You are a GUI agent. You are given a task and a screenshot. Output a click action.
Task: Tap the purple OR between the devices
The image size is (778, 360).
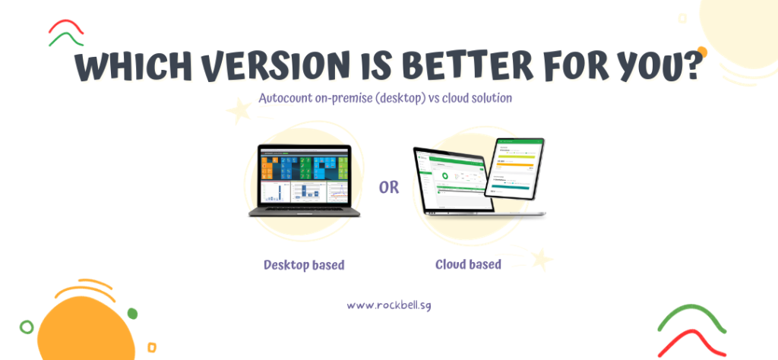point(388,187)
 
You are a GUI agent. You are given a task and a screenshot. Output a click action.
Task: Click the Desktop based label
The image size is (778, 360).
point(304,265)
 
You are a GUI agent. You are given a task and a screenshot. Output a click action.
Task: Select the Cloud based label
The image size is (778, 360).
point(468,264)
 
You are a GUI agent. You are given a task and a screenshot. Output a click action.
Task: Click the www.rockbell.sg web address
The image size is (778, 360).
point(389,305)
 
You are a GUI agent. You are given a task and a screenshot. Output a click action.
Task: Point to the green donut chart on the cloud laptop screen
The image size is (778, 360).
point(446,176)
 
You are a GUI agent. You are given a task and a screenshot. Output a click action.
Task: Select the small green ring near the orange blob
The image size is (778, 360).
point(27,327)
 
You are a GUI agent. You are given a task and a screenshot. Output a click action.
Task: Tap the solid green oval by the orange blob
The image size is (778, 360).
point(133,313)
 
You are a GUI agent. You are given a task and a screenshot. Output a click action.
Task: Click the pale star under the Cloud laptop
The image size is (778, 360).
point(541,259)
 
